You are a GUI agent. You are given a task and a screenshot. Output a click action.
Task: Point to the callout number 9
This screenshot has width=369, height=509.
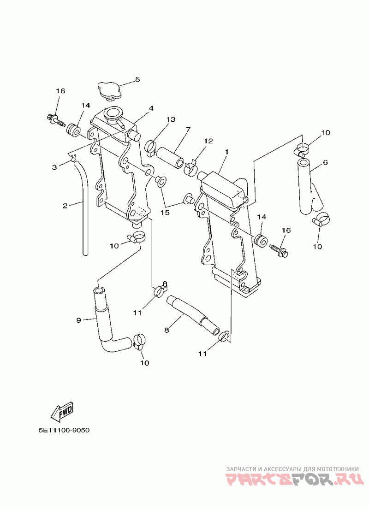pos(78,320)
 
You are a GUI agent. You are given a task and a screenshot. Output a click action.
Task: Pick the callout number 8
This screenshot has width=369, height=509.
pos(167,330)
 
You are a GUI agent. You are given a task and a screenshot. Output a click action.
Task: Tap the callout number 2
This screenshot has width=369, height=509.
pos(65,206)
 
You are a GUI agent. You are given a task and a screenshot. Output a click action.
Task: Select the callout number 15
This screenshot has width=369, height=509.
pos(165,213)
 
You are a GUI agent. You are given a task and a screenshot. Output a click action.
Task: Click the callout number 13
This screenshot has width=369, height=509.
pos(171,120)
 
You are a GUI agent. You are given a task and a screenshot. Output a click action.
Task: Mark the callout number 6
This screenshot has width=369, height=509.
pos(325,162)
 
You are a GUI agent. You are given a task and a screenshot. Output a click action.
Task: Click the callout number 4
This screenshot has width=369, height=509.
pos(151,108)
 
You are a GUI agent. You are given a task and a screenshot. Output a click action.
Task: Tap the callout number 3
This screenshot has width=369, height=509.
pos(54,167)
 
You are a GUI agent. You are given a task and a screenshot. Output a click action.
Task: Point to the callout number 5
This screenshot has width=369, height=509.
pos(137,79)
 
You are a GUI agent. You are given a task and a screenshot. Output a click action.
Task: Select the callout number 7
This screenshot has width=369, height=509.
pos(188,130)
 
